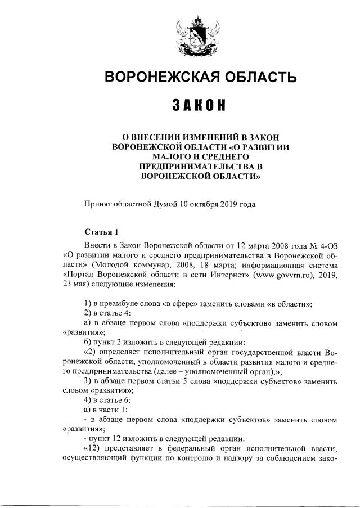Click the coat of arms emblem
tap(193, 35)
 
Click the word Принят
tap(97, 204)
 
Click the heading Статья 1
tap(101, 231)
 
